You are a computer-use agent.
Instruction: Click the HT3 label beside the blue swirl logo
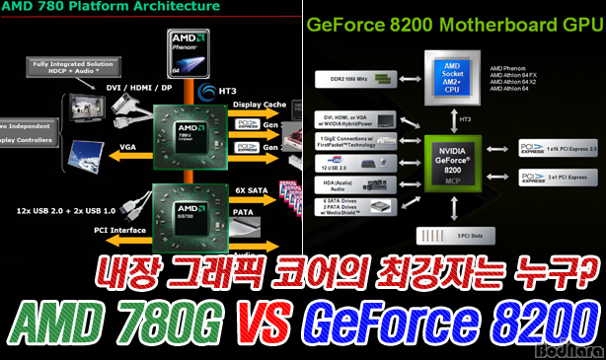237,91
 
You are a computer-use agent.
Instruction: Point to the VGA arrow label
128,146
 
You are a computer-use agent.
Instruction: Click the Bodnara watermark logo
568,348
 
